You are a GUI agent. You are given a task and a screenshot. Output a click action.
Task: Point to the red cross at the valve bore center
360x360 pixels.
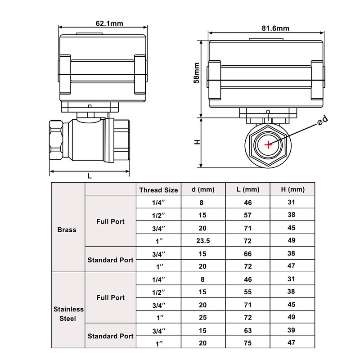268,144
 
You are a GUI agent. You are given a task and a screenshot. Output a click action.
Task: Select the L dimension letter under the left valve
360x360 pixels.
90,177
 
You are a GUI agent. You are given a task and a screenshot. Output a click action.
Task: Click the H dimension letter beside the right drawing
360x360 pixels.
197,142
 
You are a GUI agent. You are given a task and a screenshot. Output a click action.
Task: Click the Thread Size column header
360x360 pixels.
158,189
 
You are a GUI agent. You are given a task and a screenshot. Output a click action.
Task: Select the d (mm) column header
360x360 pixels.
202,189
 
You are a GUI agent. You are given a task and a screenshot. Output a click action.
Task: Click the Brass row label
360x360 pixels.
67,229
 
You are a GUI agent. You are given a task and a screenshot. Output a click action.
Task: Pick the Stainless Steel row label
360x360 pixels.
69,314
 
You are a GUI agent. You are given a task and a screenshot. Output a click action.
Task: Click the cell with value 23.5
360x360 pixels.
202,241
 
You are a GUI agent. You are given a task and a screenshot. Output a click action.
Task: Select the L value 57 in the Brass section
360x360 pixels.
247,216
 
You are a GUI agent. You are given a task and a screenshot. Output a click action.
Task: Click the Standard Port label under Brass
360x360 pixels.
110,260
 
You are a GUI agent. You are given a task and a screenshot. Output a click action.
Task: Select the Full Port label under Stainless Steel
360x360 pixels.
110,298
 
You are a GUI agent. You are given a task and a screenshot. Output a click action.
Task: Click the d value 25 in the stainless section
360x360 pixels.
202,318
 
